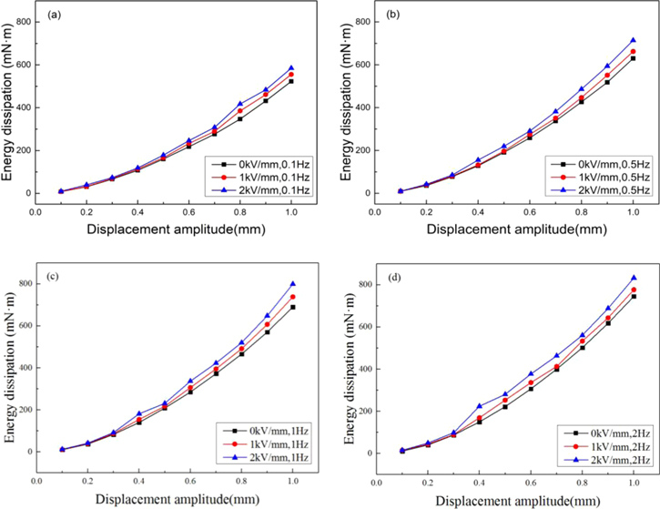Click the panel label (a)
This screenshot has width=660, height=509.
point(54,17)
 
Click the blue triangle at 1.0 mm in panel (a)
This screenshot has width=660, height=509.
point(291,68)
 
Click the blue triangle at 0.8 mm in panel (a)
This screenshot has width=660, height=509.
point(240,105)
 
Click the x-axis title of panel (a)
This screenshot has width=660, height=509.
point(165,228)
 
